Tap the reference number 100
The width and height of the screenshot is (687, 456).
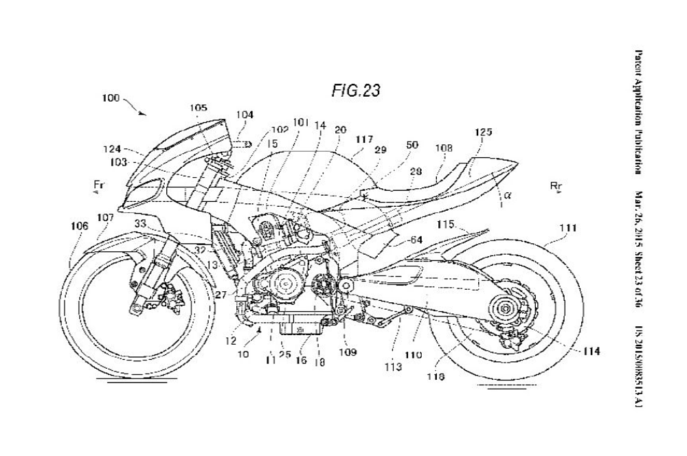[111, 98]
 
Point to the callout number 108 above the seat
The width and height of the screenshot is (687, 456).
[444, 148]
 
